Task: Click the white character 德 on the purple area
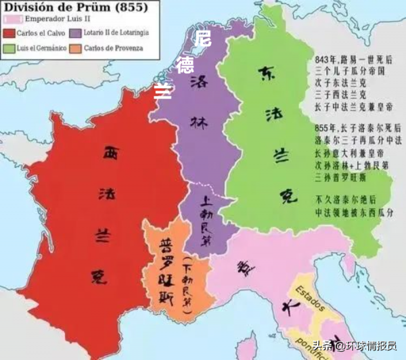coord(184,65)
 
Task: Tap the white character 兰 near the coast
coord(162,90)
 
